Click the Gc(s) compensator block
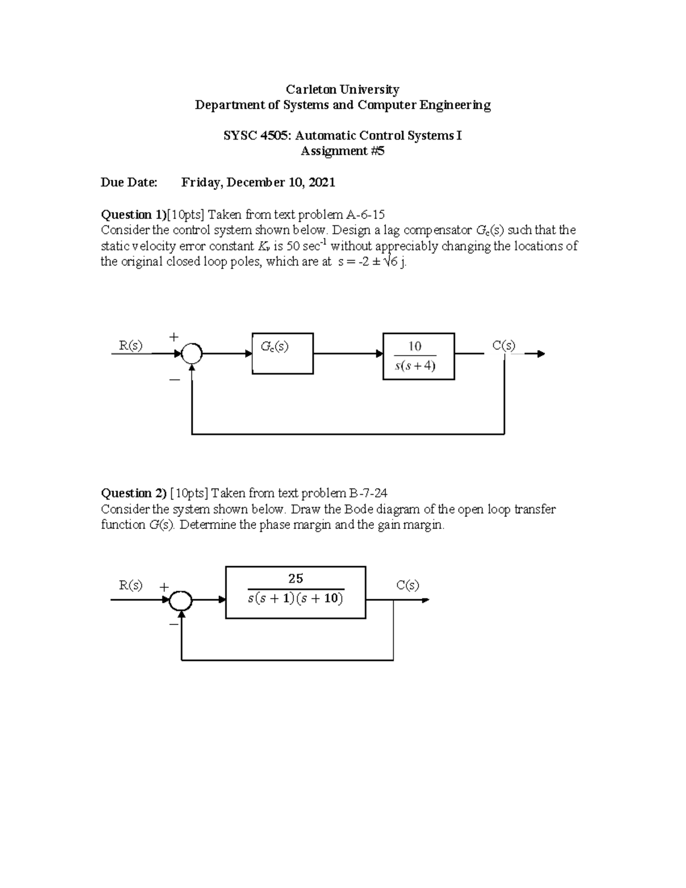pos(282,353)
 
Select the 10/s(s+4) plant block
pos(418,356)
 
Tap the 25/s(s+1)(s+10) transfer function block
pos(296,592)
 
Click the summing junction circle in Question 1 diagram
pos(192,353)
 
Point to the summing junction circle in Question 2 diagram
pos(181,600)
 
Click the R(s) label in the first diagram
pos(130,345)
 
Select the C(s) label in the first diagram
pos(504,345)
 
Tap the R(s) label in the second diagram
pos(130,586)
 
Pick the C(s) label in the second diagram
pos(408,586)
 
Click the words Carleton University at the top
pos(342,89)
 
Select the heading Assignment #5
pos(342,151)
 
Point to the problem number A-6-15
pos(365,214)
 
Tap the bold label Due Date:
pos(129,182)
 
